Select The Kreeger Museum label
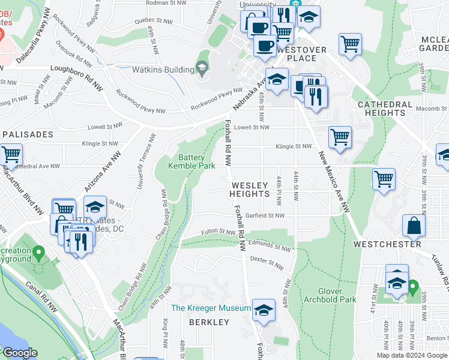(x=211, y=308)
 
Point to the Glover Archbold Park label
(x=330, y=295)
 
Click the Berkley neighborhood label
(x=209, y=322)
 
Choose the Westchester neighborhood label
(x=387, y=244)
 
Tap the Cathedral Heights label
(x=385, y=109)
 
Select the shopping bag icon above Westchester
(x=414, y=226)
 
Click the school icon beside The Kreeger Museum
(x=264, y=310)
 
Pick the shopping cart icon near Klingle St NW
(x=340, y=137)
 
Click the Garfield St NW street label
(x=264, y=215)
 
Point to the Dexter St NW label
(x=267, y=262)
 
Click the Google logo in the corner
(x=20, y=353)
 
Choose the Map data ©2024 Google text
(x=412, y=355)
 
